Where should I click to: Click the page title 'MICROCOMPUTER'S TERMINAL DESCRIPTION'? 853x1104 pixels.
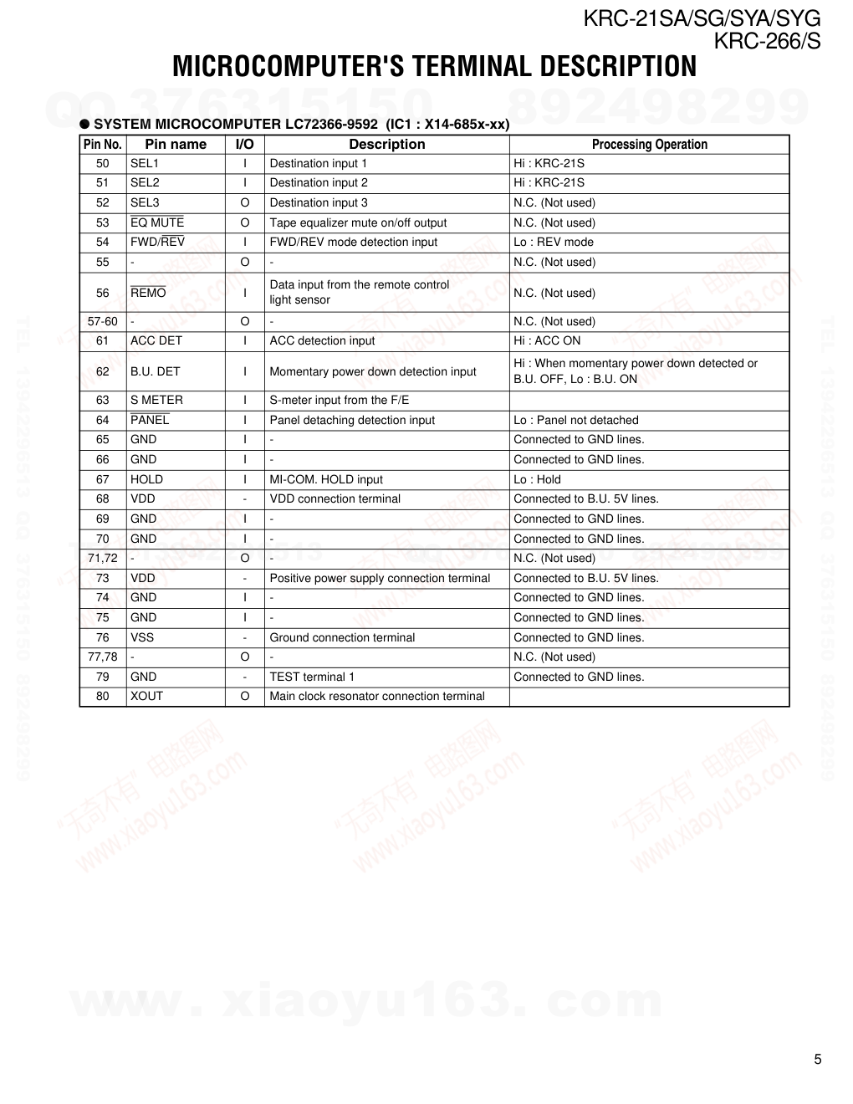tap(434, 67)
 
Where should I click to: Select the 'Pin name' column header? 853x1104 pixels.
tap(176, 144)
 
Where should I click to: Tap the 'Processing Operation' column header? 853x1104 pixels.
tap(649, 144)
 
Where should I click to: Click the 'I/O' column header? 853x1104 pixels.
tap(244, 144)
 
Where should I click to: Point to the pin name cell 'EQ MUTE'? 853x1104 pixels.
tap(157, 222)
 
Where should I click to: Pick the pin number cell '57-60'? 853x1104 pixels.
tap(103, 321)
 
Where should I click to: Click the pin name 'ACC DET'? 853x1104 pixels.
tap(156, 340)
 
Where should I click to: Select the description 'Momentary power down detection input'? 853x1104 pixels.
tap(373, 371)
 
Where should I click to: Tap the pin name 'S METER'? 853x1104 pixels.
tap(156, 400)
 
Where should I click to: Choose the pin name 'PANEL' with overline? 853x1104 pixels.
tap(150, 420)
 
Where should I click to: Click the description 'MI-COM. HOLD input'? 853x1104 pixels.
tap(326, 479)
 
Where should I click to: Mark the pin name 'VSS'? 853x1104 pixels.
tap(142, 637)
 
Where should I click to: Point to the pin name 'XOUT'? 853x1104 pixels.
tap(146, 696)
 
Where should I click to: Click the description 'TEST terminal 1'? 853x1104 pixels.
tap(312, 677)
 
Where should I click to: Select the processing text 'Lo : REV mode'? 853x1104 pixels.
tap(554, 242)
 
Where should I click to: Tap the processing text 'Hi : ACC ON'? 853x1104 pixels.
tap(547, 340)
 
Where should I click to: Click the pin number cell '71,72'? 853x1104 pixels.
tap(103, 558)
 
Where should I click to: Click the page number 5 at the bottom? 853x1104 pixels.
tap(818, 1059)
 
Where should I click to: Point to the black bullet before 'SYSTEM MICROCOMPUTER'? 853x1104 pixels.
tap(84, 124)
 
